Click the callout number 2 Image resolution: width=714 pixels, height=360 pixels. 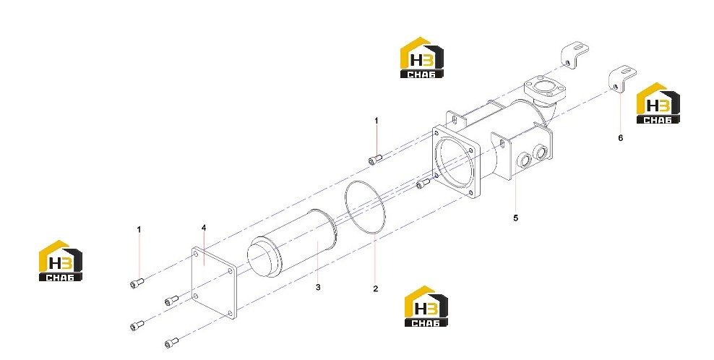click(x=375, y=288)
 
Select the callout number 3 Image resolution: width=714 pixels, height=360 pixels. click(x=318, y=287)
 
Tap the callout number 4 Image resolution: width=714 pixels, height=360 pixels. click(x=204, y=228)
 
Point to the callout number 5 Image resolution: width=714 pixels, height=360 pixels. click(x=515, y=218)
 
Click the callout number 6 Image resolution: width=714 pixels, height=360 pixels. click(x=620, y=137)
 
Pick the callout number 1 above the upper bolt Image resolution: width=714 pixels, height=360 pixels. click(x=376, y=121)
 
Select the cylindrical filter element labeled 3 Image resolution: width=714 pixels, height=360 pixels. click(x=293, y=244)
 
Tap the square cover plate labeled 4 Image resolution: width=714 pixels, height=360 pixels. click(x=214, y=282)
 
